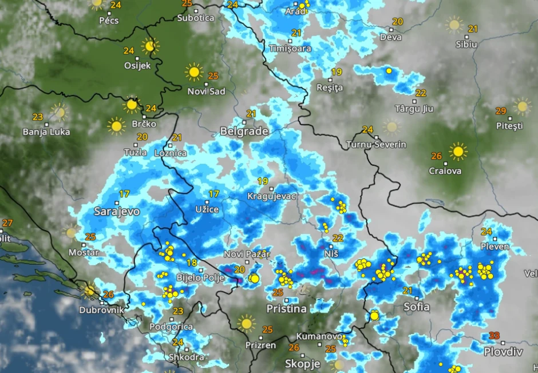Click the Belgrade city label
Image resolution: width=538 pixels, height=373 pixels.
244,132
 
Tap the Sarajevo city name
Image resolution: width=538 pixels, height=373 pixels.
117,212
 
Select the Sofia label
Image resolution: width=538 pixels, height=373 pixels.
416,307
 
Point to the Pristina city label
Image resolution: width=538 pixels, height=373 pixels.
286,309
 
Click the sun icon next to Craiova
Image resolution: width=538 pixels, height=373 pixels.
458,152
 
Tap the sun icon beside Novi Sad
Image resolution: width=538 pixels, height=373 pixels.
194,72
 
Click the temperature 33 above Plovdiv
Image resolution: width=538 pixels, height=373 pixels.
495,336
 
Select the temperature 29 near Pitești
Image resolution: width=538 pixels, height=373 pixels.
500,111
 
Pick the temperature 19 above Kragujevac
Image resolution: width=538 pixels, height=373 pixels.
263,181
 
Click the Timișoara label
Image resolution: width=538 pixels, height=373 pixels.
290,49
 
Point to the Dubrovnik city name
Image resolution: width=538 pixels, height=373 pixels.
102,309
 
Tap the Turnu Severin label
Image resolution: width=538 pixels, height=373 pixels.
376,145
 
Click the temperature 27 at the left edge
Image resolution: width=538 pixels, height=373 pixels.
7,223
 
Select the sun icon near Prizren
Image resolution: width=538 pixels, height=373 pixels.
247,323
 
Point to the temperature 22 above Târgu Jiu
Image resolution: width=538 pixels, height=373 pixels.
421,93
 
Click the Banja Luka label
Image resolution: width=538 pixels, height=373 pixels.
46,132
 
